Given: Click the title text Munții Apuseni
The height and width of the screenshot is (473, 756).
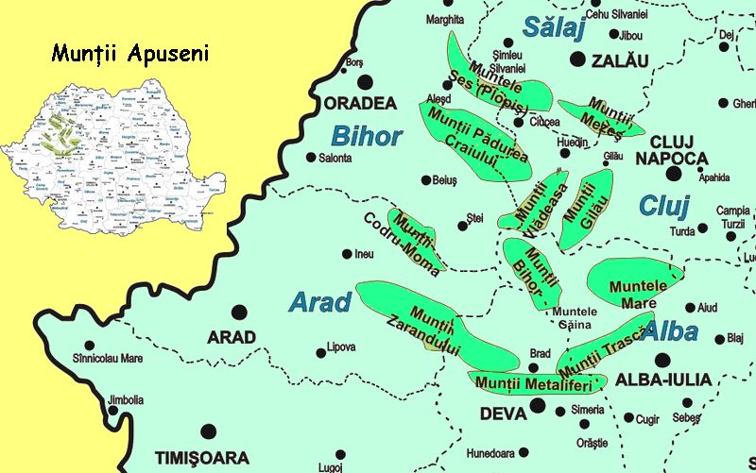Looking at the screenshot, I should [129, 53].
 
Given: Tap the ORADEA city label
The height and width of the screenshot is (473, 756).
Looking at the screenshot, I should [360, 102].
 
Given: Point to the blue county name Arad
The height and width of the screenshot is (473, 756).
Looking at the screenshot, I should [319, 302].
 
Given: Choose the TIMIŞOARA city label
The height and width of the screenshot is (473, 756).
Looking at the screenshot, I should [201, 459].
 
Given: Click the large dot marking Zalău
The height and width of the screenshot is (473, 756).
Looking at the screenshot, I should [577, 59].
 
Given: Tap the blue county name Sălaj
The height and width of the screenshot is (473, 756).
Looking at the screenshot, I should [554, 28].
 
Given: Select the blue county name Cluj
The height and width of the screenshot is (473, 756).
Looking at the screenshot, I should [664, 206].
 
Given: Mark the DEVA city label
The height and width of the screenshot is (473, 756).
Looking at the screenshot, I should [503, 414].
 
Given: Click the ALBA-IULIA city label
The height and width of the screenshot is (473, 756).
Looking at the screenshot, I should [661, 380].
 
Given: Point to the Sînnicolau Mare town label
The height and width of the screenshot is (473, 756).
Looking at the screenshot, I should [107, 359].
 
